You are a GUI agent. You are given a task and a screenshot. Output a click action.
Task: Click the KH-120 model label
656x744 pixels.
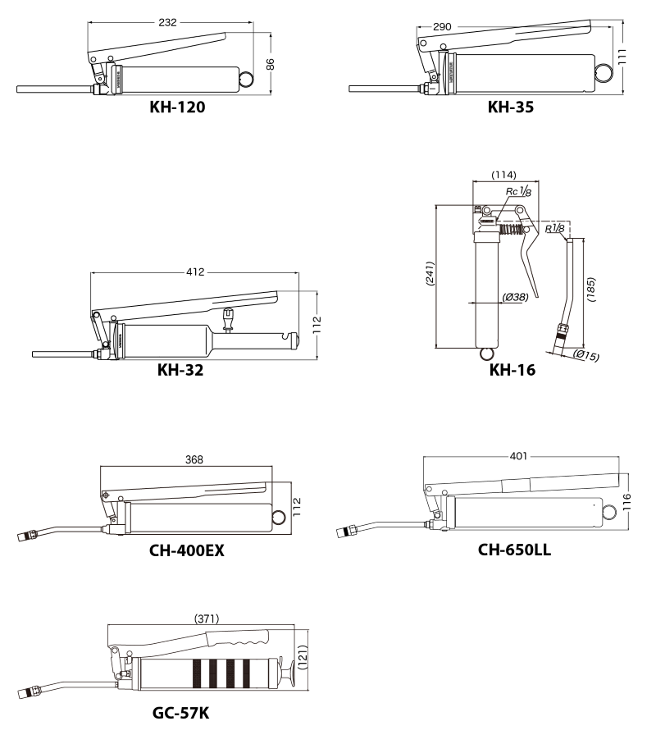(x=177, y=107)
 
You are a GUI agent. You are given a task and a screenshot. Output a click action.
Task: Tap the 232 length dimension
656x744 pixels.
(x=167, y=22)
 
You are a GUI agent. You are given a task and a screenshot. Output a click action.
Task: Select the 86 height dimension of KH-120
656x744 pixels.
(x=270, y=64)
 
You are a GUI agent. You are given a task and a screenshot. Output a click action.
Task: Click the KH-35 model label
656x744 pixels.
(x=511, y=107)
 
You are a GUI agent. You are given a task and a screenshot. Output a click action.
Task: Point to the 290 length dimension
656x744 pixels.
(x=442, y=27)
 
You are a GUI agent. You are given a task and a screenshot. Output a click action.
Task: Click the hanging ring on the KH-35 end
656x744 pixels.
(x=604, y=73)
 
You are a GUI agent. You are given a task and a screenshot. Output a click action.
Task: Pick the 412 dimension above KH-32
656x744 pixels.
(x=195, y=272)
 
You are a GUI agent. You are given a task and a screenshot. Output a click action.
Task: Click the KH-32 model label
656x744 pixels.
(x=180, y=370)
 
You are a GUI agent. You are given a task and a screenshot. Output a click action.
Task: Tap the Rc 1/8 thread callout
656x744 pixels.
(x=518, y=191)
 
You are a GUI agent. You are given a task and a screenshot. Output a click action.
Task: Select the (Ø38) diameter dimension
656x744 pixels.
(x=515, y=297)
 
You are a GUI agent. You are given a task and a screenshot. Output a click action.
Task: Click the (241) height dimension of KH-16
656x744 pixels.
(x=430, y=273)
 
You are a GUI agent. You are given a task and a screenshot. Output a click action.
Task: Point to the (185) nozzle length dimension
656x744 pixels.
(x=591, y=290)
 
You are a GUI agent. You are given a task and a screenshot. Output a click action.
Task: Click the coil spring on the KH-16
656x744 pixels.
(x=511, y=230)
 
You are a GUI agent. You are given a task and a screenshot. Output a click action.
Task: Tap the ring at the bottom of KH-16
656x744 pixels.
(x=487, y=354)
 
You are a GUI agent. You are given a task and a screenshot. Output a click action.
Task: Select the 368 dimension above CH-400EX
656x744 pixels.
(x=194, y=459)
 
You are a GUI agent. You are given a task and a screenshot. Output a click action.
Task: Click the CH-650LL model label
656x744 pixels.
(x=514, y=550)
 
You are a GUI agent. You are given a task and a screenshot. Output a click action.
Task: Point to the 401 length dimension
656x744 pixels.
(x=518, y=456)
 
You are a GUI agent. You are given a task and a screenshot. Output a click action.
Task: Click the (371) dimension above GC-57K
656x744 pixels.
(x=207, y=618)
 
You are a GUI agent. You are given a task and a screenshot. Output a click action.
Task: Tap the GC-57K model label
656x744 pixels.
(x=180, y=713)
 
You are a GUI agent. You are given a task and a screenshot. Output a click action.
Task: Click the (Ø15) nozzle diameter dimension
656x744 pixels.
(x=586, y=355)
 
